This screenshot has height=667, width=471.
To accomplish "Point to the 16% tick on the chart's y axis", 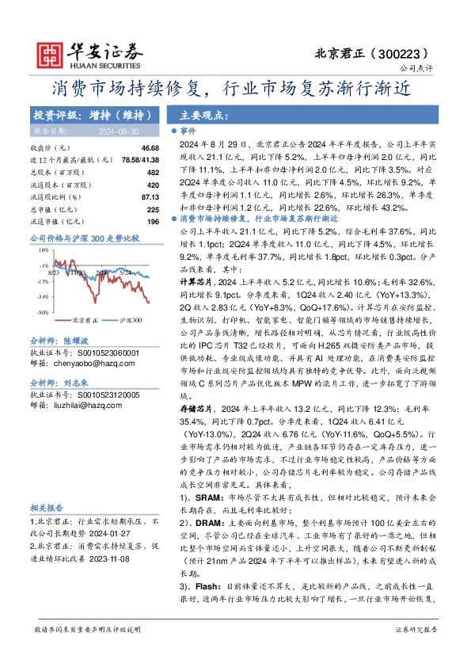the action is pos(42,249).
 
